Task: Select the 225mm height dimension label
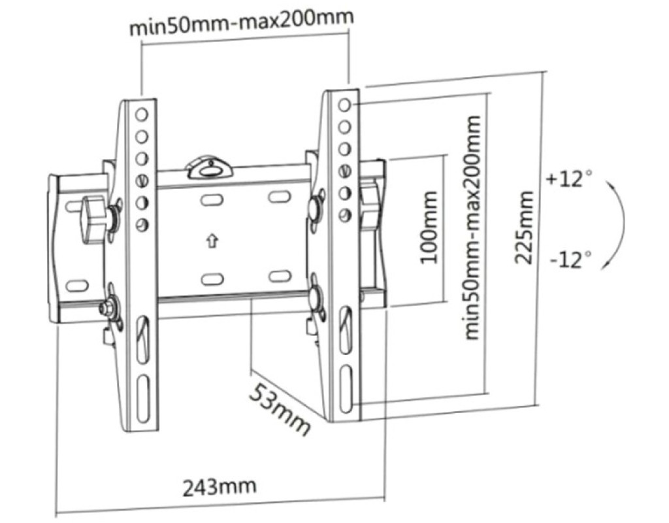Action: click(x=523, y=228)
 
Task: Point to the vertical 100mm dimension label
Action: click(x=429, y=228)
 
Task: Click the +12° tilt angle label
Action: click(x=569, y=178)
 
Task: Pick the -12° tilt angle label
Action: click(x=570, y=260)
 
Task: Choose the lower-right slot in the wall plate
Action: click(x=279, y=275)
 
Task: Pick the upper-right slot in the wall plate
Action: click(x=279, y=196)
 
